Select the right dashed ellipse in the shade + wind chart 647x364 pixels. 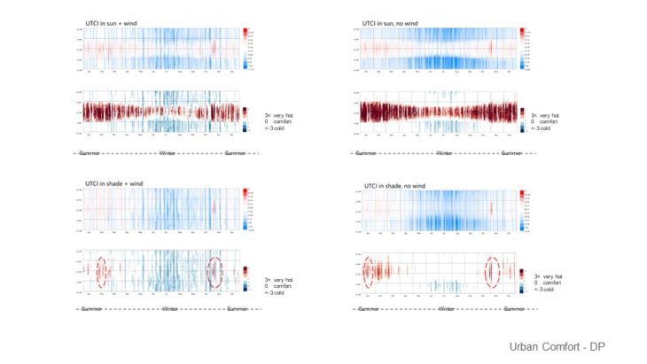pyautogui.click(x=214, y=271)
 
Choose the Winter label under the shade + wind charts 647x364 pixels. pyautogui.click(x=168, y=308)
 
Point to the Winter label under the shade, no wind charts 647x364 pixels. pyautogui.click(x=447, y=308)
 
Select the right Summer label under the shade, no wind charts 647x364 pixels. pyautogui.click(x=512, y=308)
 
